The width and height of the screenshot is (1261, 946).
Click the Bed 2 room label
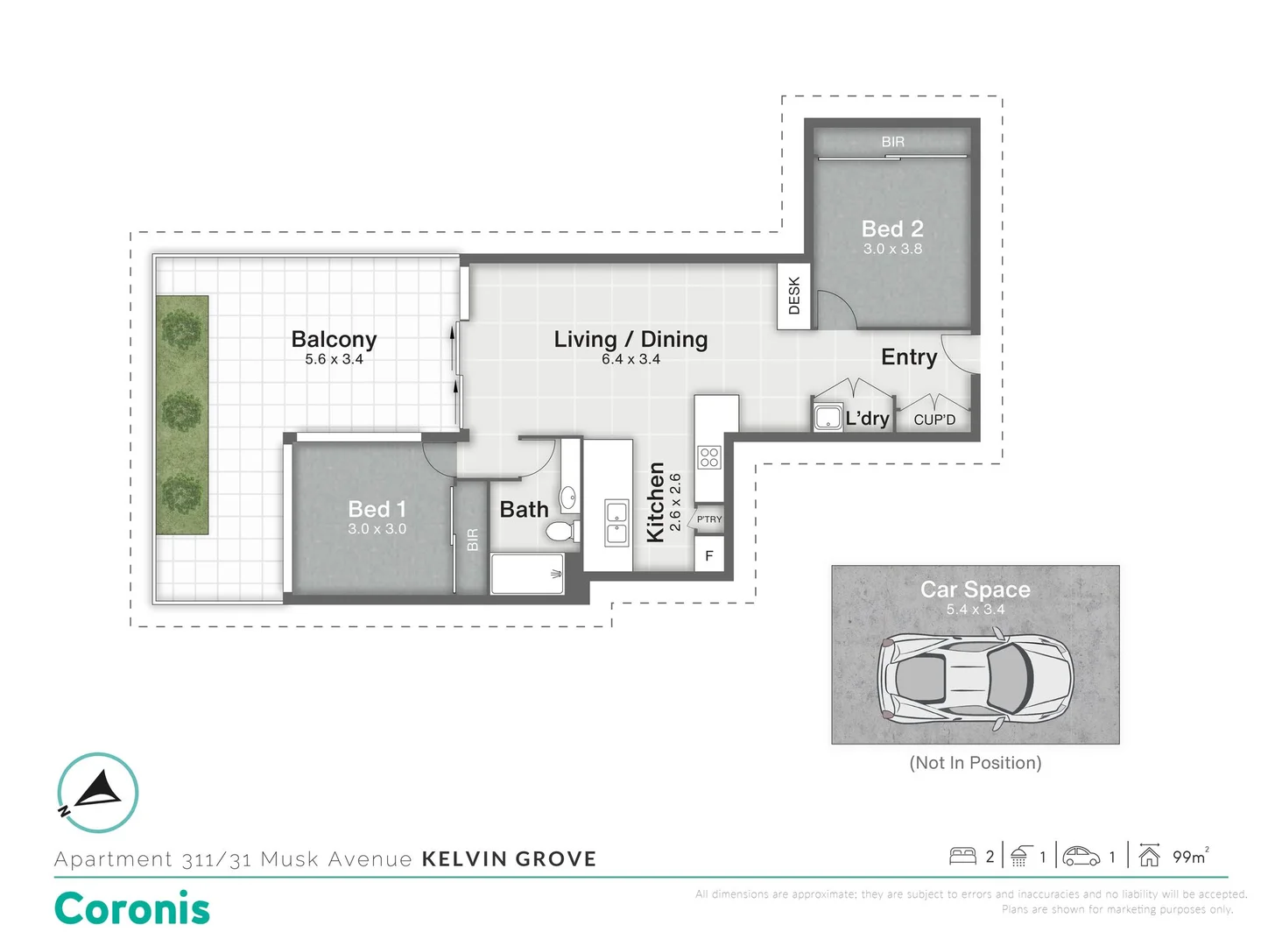tap(892, 229)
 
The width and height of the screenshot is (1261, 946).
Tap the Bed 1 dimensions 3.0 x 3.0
tap(377, 529)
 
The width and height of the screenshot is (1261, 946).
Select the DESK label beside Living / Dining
tap(794, 296)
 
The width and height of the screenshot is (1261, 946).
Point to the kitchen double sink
tap(616, 522)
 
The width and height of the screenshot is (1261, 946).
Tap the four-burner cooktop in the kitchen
tap(708, 457)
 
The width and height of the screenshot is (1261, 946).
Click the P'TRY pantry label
tap(709, 519)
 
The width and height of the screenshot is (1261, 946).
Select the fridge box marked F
tap(709, 555)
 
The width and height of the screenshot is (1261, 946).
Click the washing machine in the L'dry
tap(828, 417)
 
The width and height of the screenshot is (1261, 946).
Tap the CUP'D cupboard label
tap(934, 420)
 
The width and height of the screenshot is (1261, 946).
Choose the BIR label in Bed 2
tap(892, 141)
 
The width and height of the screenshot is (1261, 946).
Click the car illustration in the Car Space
tap(975, 679)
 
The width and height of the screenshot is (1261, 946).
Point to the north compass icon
tap(98, 792)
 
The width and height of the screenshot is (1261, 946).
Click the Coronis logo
tap(132, 908)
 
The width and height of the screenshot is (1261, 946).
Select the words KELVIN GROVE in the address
tap(509, 859)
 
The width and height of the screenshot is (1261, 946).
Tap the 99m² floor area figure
tap(1190, 857)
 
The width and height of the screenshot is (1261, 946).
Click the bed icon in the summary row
tap(962, 856)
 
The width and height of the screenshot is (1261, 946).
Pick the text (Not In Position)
tap(976, 763)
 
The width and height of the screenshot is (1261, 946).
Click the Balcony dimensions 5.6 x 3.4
tap(334, 359)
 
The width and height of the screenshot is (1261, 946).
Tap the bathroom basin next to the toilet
tap(567, 498)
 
